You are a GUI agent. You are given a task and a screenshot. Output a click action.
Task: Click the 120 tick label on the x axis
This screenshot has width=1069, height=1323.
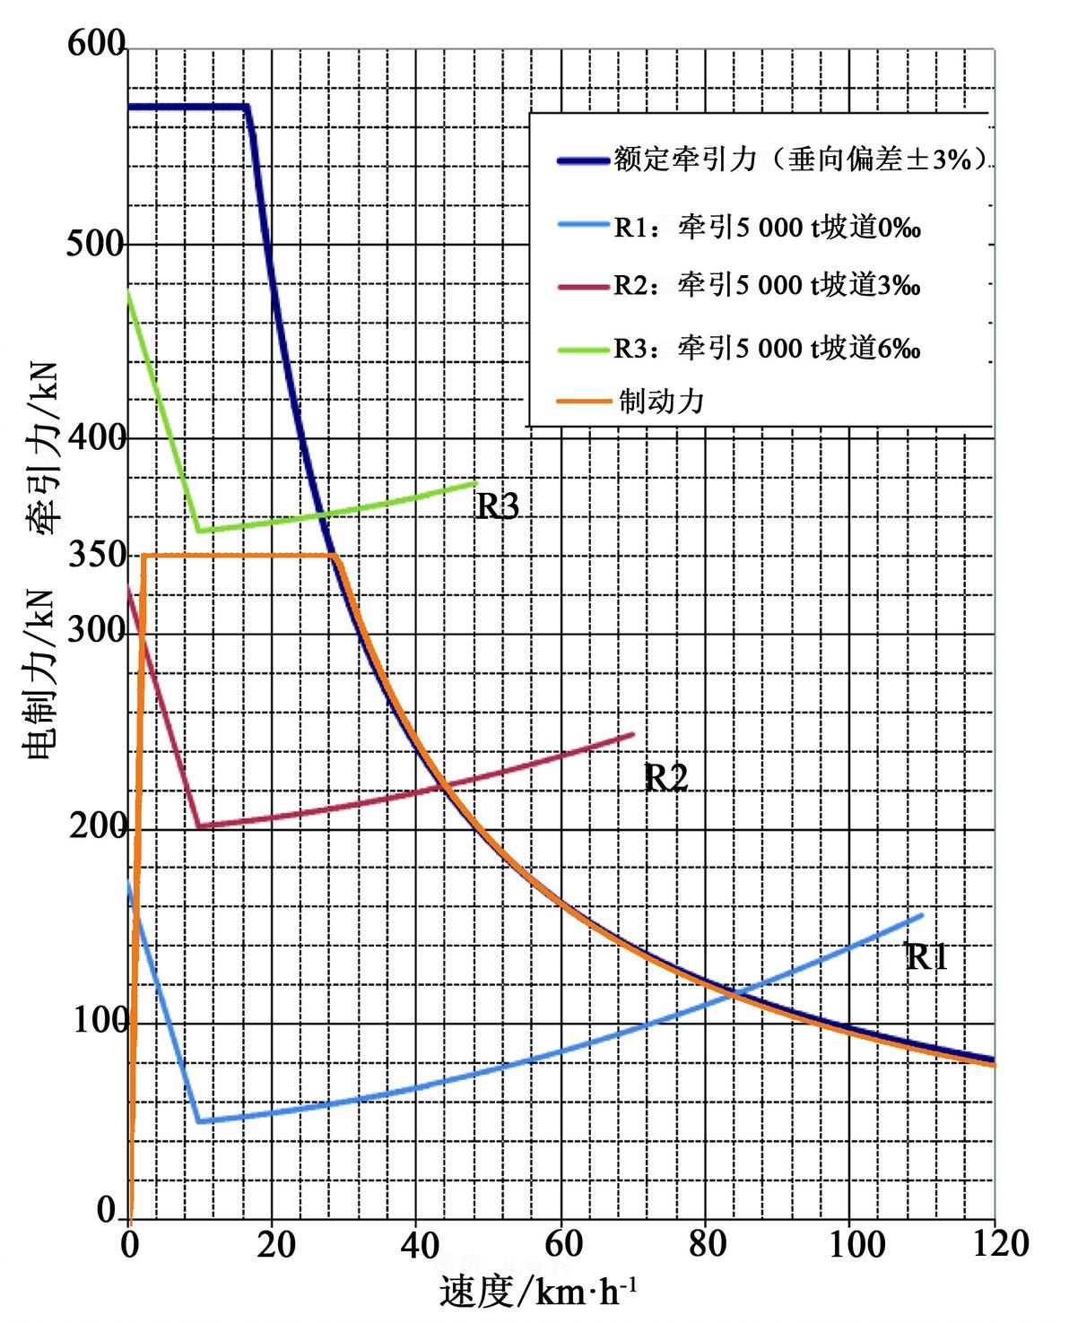click(994, 1244)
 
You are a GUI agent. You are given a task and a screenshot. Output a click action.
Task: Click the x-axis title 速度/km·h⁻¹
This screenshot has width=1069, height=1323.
click(539, 1292)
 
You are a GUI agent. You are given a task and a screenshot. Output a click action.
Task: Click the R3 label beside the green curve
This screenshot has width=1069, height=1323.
click(497, 507)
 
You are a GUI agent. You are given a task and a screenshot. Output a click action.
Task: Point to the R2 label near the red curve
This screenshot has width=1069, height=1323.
click(666, 778)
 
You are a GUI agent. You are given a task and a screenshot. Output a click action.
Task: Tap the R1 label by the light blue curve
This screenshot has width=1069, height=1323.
click(926, 957)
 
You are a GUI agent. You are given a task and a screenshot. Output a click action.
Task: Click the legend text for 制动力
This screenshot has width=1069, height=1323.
click(661, 401)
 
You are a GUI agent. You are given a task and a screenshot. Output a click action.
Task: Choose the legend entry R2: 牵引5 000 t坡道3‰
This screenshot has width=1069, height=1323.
click(767, 286)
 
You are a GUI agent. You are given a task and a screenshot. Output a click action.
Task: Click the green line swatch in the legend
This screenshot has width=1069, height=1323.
click(582, 348)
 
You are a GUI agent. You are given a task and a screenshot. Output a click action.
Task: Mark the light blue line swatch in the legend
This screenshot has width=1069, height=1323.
click(582, 227)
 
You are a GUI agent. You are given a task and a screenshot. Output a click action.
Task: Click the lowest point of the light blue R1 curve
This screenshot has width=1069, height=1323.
click(199, 1121)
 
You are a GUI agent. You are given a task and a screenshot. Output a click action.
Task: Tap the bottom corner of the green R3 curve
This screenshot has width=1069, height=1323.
click(199, 531)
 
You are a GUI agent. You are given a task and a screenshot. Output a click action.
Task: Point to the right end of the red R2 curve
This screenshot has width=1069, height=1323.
click(633, 734)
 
